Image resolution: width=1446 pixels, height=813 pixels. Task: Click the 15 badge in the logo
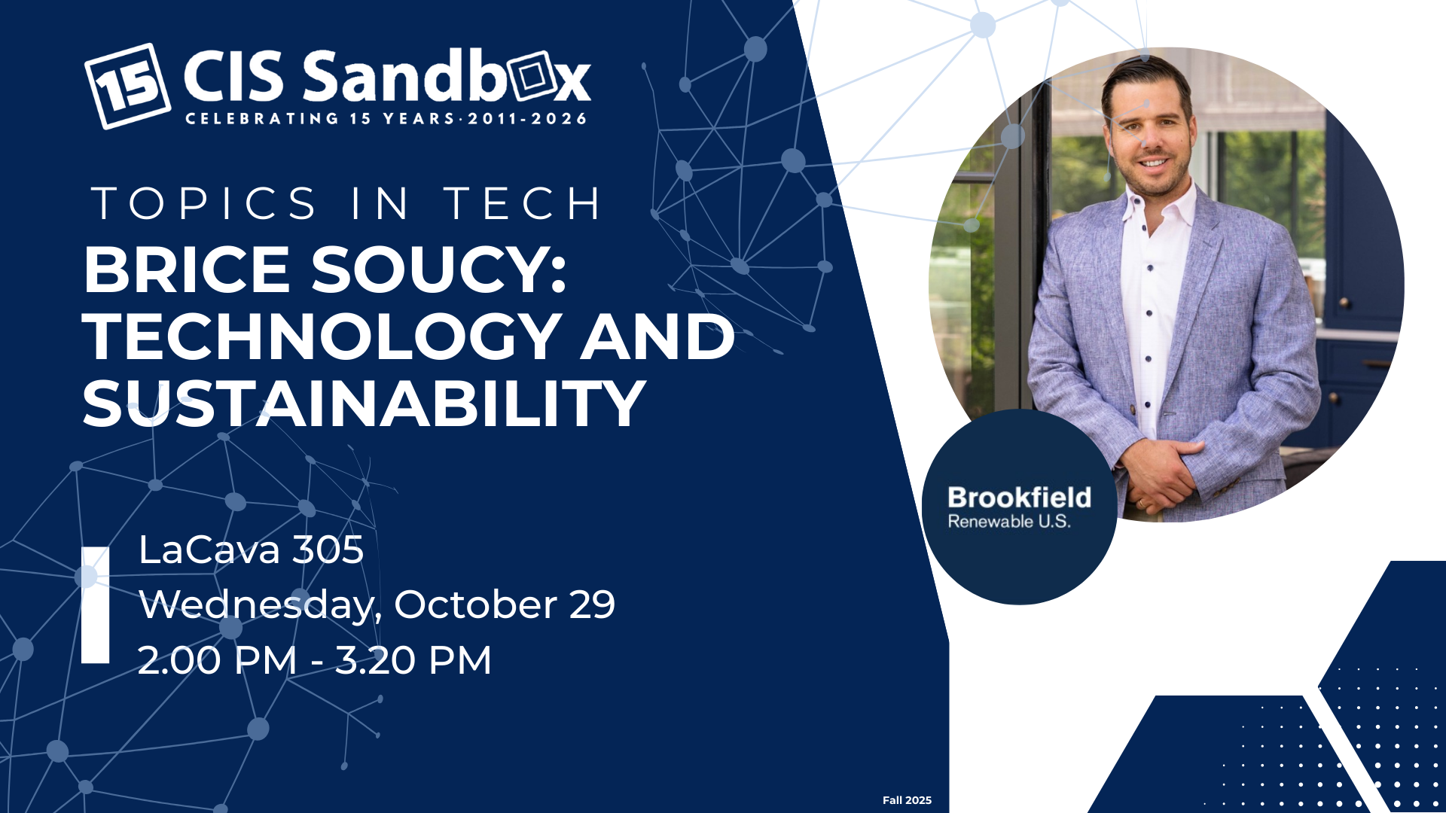pos(127,86)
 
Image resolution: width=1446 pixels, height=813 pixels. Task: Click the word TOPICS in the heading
pos(204,203)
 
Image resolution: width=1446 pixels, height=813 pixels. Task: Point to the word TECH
pos(523,203)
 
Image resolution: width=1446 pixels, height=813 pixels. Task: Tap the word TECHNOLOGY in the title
pos(322,336)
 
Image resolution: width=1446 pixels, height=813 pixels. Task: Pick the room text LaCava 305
pos(251,550)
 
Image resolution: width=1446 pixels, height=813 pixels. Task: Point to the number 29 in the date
pos(592,604)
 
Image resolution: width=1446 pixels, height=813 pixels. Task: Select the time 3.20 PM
pos(413,660)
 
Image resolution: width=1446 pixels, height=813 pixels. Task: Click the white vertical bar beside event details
pos(95,605)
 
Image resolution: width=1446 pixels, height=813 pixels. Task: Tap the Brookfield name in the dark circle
pos(1019,498)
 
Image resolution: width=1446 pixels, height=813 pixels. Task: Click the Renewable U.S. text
pos(1009,522)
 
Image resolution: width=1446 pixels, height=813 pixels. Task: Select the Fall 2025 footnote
pos(907,800)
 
